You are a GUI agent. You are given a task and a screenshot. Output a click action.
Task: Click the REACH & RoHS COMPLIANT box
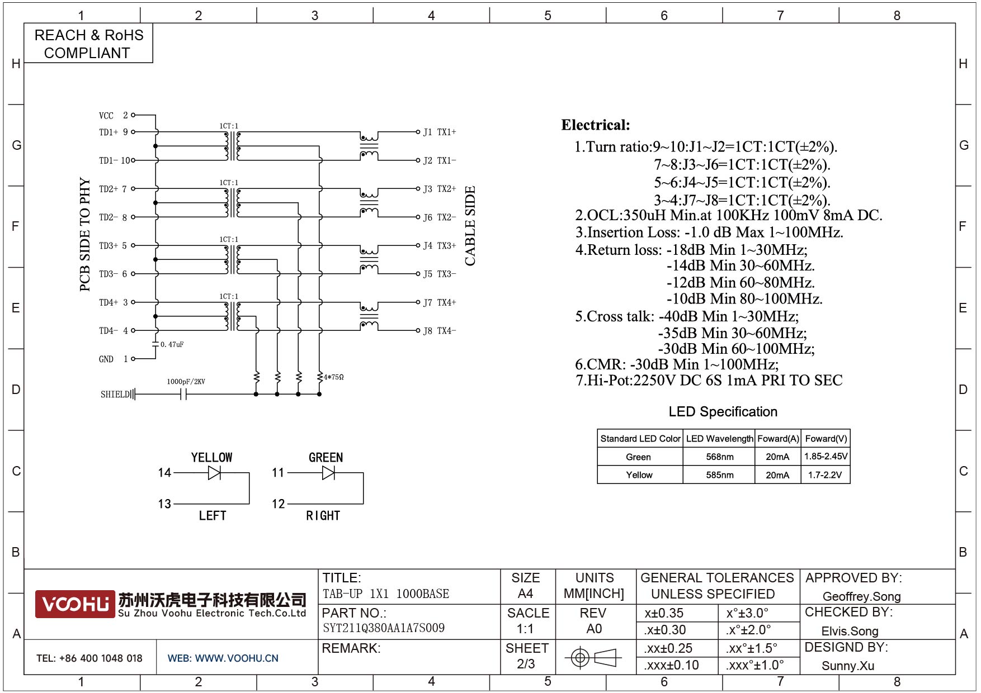88,43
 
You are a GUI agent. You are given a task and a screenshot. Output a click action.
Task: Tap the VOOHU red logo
75,604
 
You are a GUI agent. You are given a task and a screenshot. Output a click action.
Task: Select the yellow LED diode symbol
214,473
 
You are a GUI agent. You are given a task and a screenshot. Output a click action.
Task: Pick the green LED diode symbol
329,473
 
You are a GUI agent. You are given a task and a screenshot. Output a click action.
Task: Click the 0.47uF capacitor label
172,344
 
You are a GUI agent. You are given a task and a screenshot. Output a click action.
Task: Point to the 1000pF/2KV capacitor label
186,382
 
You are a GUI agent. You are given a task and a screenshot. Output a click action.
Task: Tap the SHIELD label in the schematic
115,395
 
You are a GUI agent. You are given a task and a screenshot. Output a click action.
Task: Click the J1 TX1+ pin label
440,132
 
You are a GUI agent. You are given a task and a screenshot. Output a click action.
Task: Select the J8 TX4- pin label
440,331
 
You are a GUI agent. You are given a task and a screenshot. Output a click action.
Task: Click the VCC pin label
106,116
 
